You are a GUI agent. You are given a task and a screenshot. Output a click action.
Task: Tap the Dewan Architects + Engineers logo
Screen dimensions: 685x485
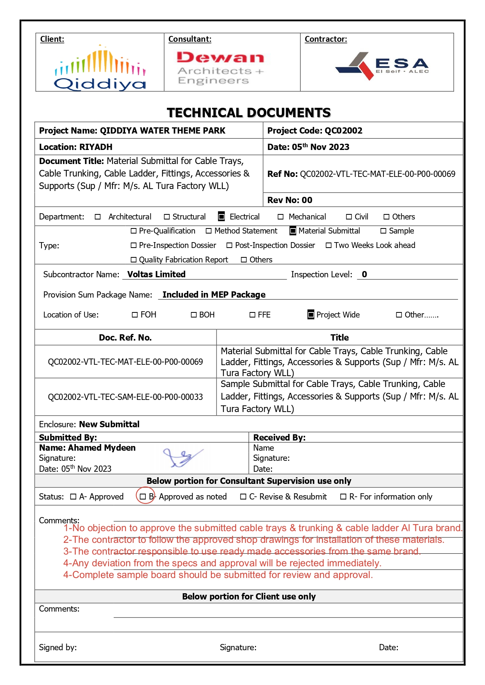tap(220, 68)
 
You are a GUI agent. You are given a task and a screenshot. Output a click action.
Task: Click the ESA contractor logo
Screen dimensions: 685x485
tap(382, 66)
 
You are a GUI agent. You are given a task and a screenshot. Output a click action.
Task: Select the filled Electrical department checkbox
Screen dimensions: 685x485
tap(222, 216)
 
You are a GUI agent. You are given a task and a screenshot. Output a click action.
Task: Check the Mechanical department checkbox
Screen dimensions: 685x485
tap(281, 217)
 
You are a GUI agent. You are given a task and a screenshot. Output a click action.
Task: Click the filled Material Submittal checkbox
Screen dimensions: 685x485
tap(293, 231)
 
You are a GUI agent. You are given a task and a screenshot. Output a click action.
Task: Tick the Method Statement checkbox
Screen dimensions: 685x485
tap(209, 231)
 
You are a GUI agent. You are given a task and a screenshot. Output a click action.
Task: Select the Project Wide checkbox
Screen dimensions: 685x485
tap(311, 314)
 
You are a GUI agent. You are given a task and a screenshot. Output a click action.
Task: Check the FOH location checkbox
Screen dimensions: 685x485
tap(135, 315)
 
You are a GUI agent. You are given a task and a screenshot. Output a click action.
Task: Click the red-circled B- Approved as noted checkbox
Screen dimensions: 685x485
tap(143, 496)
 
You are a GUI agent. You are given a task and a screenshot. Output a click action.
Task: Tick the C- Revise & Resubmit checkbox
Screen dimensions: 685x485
tap(243, 496)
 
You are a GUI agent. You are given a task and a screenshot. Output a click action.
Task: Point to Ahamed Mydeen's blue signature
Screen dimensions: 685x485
tap(182, 457)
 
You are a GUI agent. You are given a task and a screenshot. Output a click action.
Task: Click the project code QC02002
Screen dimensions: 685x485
tap(344, 130)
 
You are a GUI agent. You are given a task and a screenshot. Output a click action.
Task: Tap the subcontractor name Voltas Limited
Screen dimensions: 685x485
tap(156, 274)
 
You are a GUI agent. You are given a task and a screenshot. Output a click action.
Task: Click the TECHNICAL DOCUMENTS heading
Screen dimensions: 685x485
tap(249, 112)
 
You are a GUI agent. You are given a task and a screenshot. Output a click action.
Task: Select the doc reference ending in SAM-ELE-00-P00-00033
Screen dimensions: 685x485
tap(125, 397)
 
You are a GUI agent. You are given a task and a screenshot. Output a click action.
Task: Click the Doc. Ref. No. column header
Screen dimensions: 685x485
tap(125, 337)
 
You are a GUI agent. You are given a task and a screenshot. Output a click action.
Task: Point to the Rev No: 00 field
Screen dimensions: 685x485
tap(290, 200)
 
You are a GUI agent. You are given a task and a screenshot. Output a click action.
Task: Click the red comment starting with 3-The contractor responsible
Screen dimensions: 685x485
tap(242, 551)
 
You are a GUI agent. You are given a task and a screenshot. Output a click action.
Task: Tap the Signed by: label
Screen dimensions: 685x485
tap(58, 647)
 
